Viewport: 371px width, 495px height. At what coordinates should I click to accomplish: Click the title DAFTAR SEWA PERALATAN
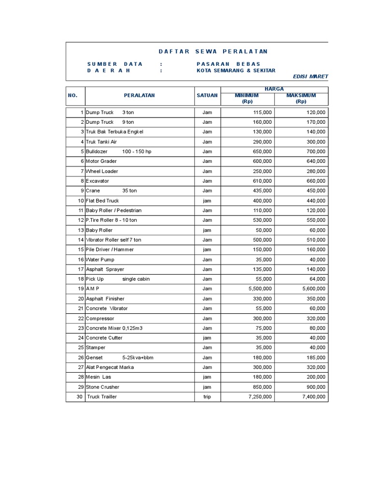213,52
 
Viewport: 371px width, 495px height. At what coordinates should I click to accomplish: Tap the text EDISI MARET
310,77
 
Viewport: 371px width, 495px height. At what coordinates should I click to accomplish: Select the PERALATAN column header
139,96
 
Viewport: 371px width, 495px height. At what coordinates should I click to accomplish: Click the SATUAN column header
207,96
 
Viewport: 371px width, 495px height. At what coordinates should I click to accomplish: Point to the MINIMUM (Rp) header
247,99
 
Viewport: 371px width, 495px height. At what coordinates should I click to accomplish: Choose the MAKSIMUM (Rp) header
301,99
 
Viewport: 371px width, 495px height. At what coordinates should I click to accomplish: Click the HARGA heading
274,89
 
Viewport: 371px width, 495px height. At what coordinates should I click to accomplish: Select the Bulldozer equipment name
97,151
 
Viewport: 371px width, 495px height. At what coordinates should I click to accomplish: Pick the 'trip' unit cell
207,397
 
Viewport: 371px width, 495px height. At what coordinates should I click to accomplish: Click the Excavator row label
98,181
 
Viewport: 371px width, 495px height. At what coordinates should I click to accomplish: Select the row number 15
81,249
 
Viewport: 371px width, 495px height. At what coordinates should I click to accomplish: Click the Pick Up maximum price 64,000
317,279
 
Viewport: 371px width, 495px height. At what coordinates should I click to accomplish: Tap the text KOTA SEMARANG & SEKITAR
236,71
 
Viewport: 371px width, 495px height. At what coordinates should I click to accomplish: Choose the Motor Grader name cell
101,161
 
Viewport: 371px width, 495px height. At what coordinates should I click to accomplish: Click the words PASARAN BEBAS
228,64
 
